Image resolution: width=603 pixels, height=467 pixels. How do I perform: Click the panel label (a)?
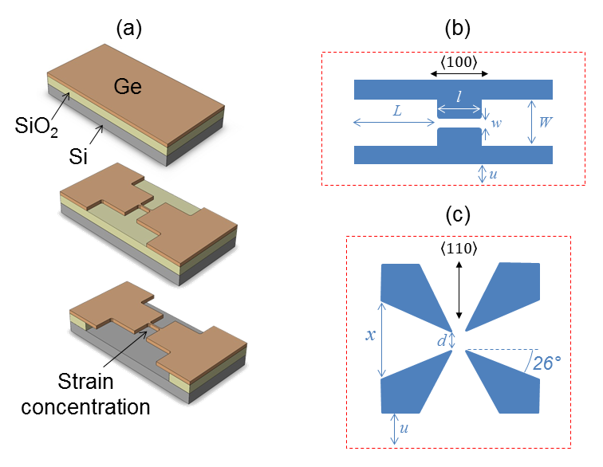tap(129, 29)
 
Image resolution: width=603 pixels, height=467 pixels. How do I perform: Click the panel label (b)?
tap(457, 29)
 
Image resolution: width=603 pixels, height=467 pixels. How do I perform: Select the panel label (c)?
tap(458, 215)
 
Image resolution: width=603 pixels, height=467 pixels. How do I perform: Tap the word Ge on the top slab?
tap(128, 87)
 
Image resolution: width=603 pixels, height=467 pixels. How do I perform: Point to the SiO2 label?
tap(37, 126)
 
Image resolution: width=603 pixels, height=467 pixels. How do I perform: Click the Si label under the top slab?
tap(78, 156)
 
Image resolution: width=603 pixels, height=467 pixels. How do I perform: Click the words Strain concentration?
tap(85, 394)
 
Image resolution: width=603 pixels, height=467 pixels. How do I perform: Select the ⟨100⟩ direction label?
tap(459, 61)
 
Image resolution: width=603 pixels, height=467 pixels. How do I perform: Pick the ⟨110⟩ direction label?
tap(459, 249)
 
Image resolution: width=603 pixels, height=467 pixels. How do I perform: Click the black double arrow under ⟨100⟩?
tap(459, 74)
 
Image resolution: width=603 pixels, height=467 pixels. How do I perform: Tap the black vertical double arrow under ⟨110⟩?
tap(459, 290)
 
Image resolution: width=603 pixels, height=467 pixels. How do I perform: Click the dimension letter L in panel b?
tap(397, 111)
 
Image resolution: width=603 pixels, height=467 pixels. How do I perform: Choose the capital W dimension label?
tap(546, 122)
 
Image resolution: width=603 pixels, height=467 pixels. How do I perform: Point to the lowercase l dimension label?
tap(459, 97)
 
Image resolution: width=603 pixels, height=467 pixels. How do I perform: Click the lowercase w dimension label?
tap(496, 124)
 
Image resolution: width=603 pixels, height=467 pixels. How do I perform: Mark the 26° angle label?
tap(546, 363)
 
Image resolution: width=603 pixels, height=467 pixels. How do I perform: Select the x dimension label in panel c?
tap(370, 336)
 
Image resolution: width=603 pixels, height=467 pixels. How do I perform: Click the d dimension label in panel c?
tap(442, 340)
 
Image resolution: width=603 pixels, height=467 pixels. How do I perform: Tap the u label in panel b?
tap(493, 175)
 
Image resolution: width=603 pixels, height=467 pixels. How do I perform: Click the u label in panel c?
tap(404, 428)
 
